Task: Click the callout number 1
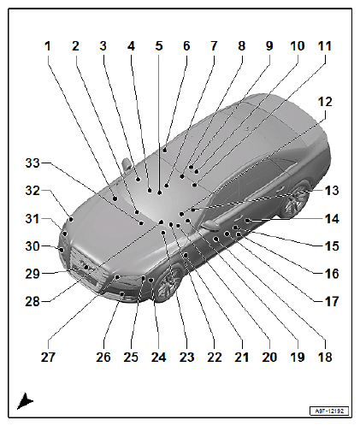tap(48, 46)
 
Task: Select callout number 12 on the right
tap(325, 102)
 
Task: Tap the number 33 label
tap(32, 163)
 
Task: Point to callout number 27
tap(48, 357)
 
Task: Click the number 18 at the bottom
tap(325, 357)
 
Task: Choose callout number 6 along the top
tap(186, 46)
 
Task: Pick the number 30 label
tap(32, 246)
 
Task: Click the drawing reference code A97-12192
tap(329, 411)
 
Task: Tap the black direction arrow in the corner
tap(25, 401)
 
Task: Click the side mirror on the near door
tap(210, 225)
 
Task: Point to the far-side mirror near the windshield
tap(126, 165)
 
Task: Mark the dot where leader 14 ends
tap(247, 220)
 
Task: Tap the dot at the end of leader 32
tap(71, 219)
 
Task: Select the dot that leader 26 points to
tap(122, 293)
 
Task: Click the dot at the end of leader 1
tap(115, 198)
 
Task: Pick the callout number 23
tap(186, 357)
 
